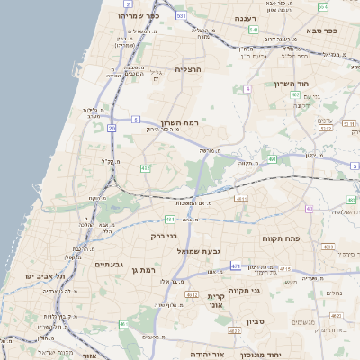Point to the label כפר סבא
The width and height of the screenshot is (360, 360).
tap(320, 31)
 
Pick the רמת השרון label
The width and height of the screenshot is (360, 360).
tap(178, 123)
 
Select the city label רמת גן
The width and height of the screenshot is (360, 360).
tap(144, 269)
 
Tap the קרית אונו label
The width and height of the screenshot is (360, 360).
tap(216, 301)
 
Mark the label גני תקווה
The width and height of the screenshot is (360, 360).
tap(269, 290)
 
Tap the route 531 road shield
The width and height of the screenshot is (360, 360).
tap(182, 16)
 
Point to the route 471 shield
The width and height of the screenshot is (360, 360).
tap(236, 266)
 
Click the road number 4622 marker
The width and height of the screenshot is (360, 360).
tap(235, 331)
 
